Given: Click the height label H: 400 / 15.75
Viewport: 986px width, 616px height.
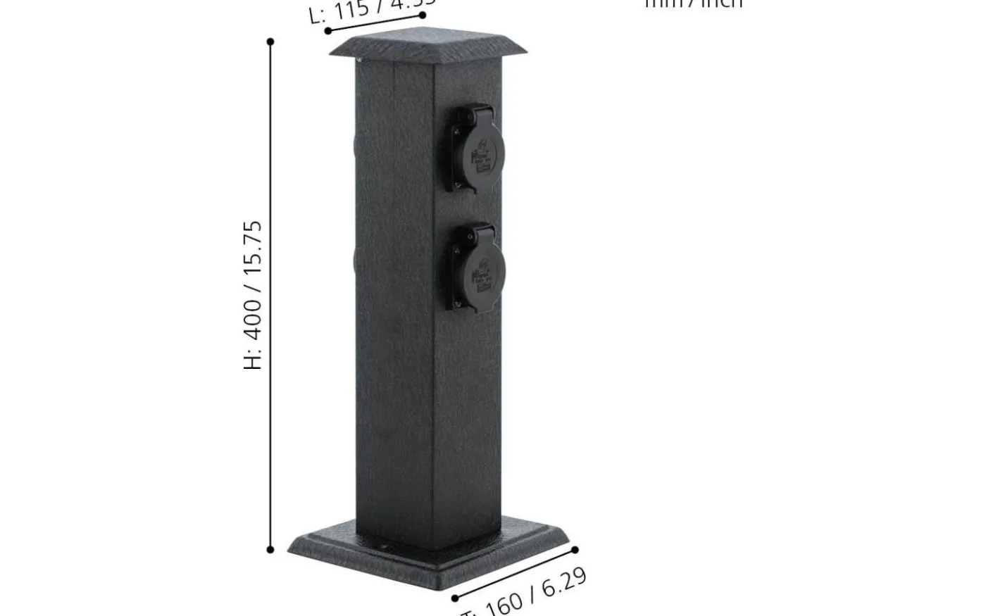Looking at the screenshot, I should point(253,295).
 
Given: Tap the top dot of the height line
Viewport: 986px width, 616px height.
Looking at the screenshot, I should point(270,42).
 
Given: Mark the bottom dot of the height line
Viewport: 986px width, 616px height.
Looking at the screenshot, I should point(270,549).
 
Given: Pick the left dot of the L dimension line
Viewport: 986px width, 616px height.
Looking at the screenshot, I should point(327,31).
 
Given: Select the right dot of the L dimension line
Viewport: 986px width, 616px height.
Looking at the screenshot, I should point(423,15).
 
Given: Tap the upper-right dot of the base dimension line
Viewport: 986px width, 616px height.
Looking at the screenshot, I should point(575,550).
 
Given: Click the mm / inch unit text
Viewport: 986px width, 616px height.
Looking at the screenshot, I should point(694,4).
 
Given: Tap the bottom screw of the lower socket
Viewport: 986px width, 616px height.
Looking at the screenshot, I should point(458,304).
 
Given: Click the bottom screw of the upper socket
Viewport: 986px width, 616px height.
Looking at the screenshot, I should point(458,185).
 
